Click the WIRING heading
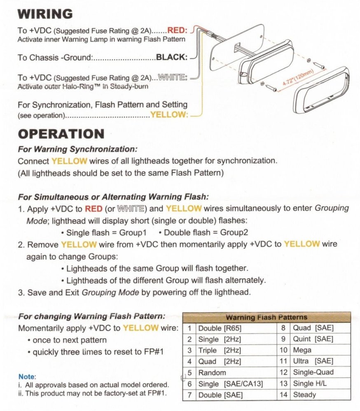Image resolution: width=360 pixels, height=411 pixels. tap(45, 14)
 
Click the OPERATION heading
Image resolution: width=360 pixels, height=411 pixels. tap(61, 134)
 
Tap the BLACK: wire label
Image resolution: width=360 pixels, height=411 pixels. tap(172, 58)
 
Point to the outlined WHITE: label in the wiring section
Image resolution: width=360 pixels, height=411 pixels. tap(173, 77)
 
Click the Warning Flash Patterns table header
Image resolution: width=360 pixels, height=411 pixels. tap(266, 317)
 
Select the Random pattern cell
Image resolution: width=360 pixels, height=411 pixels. tap(212, 373)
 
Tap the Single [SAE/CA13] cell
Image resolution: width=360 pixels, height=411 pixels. tap(230, 384)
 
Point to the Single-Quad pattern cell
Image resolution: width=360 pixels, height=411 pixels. tap(313, 373)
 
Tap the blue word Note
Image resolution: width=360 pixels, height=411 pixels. tap(27, 376)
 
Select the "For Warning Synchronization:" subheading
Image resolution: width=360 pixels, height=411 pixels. tap(78, 149)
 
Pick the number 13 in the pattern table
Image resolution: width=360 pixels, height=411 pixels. tap(283, 384)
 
